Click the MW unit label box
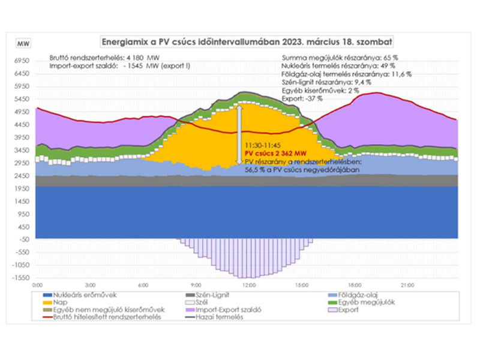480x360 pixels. coord(23,44)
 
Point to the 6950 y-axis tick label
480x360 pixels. coord(22,61)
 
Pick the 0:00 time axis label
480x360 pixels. coord(37,284)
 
